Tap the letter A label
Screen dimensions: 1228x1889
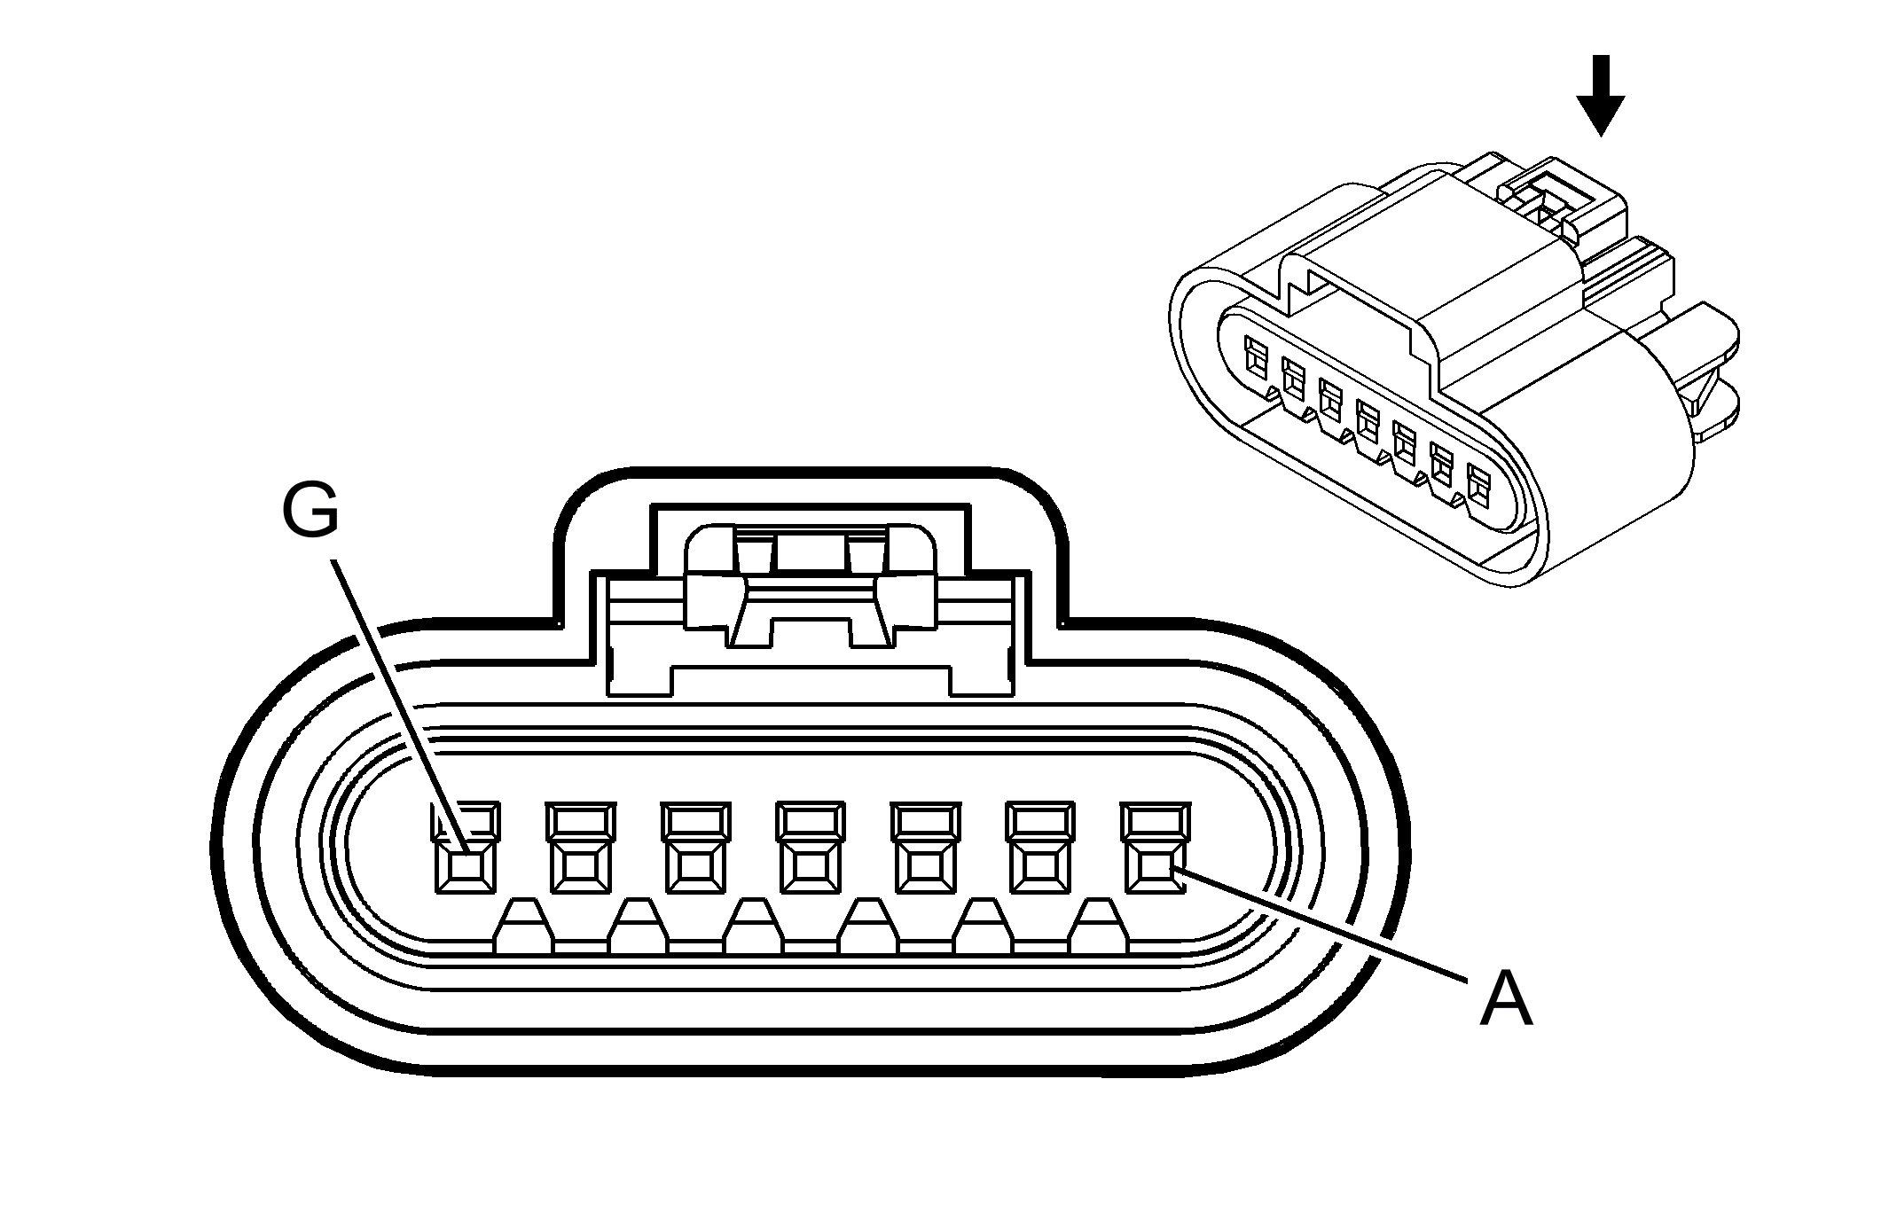click(x=1506, y=998)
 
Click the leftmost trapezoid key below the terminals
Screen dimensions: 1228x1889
click(x=523, y=927)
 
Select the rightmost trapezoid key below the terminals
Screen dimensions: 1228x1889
click(x=1100, y=927)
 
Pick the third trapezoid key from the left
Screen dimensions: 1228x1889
click(x=754, y=927)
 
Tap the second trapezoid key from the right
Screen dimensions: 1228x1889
click(x=984, y=927)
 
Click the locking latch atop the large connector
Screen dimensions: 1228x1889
click(x=810, y=585)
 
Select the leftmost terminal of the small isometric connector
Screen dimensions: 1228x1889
click(x=1256, y=355)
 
